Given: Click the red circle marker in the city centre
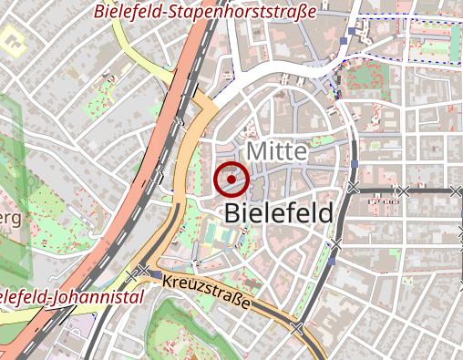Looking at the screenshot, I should click(x=231, y=179).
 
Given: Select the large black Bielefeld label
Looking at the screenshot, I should click(x=277, y=213).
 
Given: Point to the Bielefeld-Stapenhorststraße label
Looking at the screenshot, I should click(x=204, y=13).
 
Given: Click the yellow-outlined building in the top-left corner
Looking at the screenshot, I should click(x=13, y=41).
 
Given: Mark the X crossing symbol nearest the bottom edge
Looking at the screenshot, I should click(x=295, y=327).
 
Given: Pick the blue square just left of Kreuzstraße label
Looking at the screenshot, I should click(x=157, y=274).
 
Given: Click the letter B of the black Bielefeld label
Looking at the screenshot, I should click(x=232, y=213).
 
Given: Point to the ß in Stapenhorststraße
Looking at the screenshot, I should click(x=298, y=13).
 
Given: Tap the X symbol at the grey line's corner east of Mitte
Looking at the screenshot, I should click(x=354, y=188).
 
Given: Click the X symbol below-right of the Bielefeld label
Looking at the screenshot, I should click(x=336, y=244).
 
